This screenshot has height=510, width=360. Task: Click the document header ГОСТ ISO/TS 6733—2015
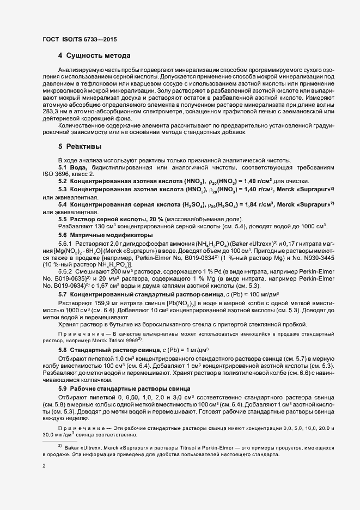79,39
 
